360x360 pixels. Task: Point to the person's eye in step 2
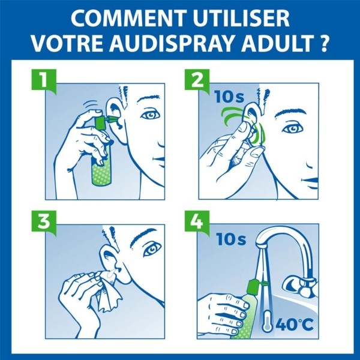[x=293, y=128]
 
